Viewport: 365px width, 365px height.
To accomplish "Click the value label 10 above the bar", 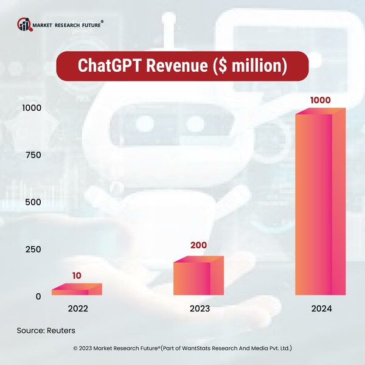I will point(77,276).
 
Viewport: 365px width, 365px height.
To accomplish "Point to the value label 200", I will point(198,246).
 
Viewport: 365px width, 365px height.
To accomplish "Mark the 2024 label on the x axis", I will point(320,308).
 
